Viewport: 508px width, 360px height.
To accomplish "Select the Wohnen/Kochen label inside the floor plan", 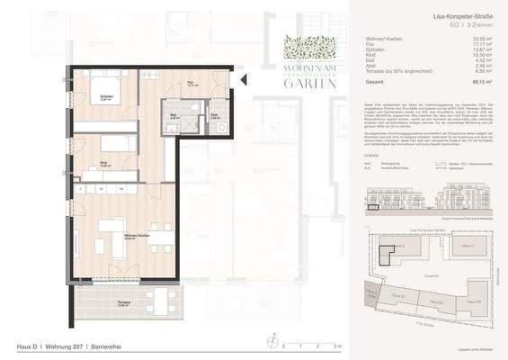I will [x=110, y=238].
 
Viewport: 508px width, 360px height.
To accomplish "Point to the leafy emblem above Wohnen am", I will [x=309, y=47].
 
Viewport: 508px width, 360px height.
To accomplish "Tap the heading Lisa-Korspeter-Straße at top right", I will [x=462, y=17].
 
